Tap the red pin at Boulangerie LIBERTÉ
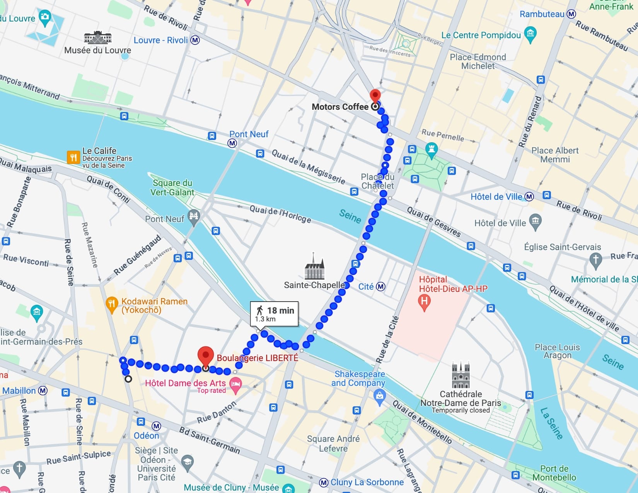coord(206,355)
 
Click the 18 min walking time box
coord(275,314)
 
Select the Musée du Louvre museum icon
coord(98,38)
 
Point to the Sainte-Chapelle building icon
coord(314,267)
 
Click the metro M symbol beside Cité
coord(381,287)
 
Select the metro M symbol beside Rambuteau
coord(571,14)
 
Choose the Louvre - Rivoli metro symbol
coord(195,40)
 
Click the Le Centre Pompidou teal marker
coord(531,34)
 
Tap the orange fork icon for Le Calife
coord(73,157)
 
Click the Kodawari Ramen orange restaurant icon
coord(111,304)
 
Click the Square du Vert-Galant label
coord(172,188)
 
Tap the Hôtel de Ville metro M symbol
coord(529,197)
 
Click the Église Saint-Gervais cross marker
coord(595,260)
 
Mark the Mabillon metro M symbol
coord(43,391)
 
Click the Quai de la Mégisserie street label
coord(308,167)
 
